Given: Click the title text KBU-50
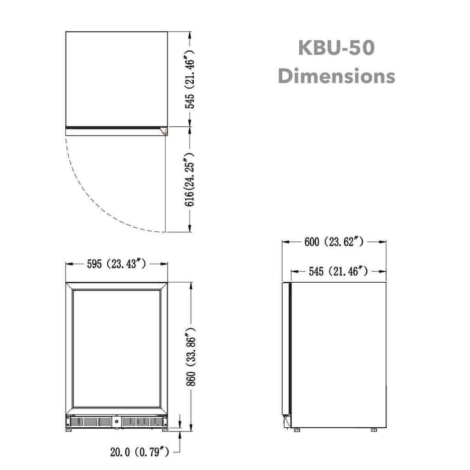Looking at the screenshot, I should [x=336, y=48].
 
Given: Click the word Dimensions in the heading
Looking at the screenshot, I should [x=336, y=76].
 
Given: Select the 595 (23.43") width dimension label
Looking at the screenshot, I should [x=117, y=264].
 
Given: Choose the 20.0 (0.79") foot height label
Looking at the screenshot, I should [x=140, y=453].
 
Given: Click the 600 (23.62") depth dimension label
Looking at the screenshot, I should [x=334, y=242].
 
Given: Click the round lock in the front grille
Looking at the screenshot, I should [x=117, y=421].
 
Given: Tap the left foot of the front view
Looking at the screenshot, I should [x=70, y=431].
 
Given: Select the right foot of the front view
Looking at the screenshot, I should [x=163, y=431].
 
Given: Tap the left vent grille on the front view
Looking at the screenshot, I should [x=91, y=421].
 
